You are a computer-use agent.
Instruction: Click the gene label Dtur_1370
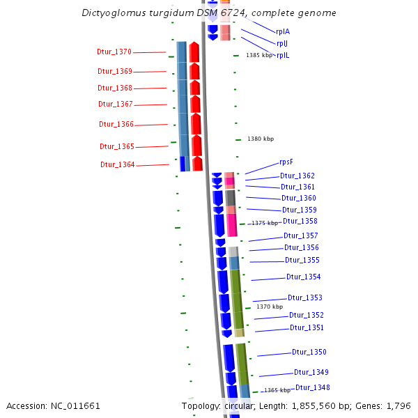click(x=114, y=52)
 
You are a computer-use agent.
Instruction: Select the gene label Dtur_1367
click(x=115, y=104)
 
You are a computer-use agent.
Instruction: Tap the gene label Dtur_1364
click(x=117, y=165)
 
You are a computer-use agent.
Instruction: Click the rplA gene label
click(x=283, y=32)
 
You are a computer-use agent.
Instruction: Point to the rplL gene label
click(x=283, y=56)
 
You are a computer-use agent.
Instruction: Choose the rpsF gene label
click(x=286, y=162)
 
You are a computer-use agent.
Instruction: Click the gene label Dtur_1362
click(x=297, y=176)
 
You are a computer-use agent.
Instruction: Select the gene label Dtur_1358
click(x=300, y=222)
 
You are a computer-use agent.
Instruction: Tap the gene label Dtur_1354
click(x=303, y=277)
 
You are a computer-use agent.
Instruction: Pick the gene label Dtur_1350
click(x=309, y=353)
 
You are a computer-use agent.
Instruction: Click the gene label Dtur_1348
click(x=312, y=388)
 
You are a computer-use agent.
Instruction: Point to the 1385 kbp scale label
click(x=259, y=56)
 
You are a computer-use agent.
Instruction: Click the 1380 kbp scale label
click(x=261, y=139)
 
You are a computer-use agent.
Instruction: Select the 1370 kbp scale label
click(x=270, y=307)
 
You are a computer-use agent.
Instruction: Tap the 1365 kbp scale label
click(x=277, y=391)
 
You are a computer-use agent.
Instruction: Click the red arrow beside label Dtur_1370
click(x=195, y=52)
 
